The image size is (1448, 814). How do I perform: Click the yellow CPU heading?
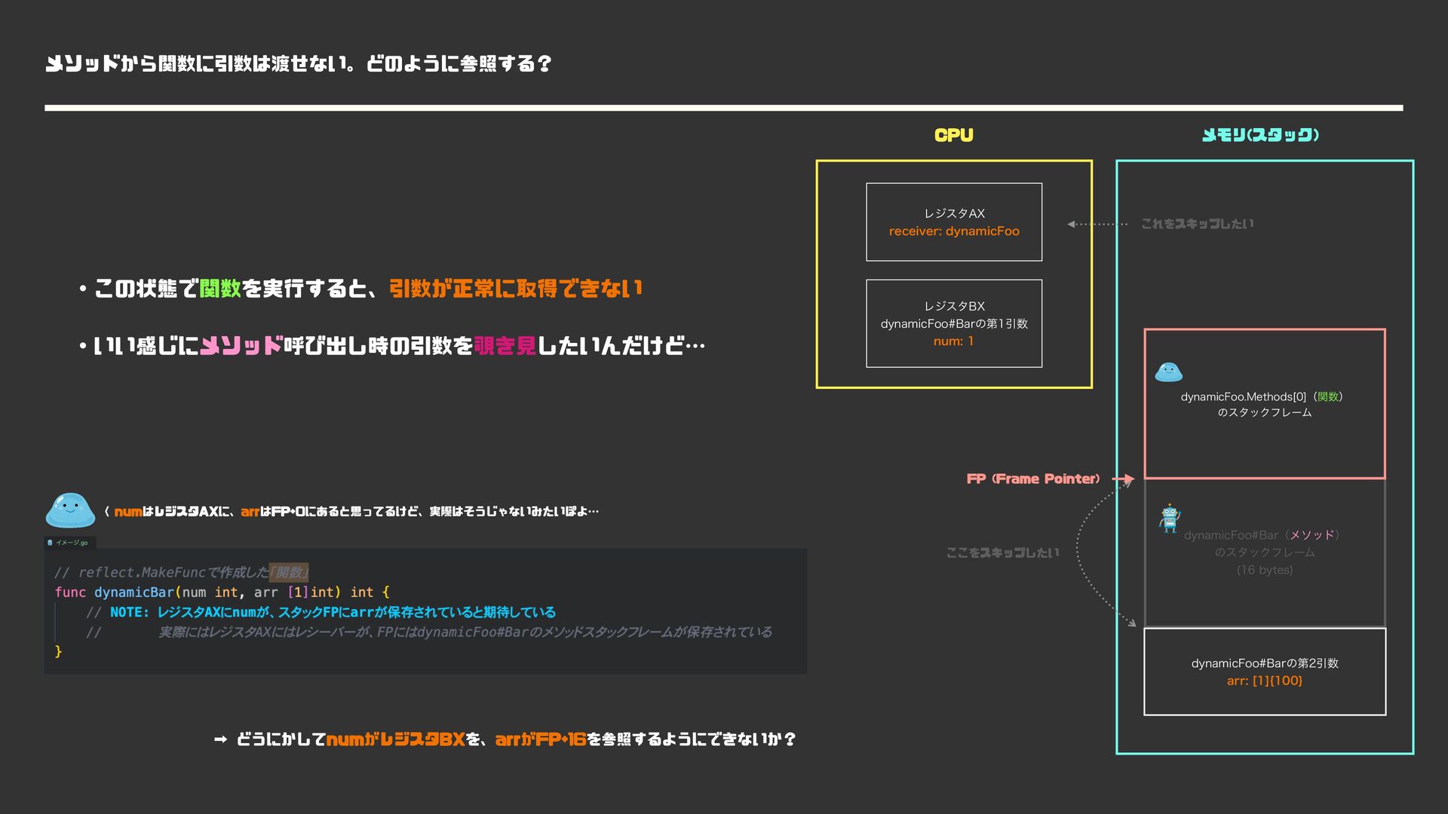953,136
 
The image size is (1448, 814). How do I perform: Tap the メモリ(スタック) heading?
1260,136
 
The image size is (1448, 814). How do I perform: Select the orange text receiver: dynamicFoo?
954,231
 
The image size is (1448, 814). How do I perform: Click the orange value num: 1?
953,341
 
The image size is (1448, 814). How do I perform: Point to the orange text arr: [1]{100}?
1264,681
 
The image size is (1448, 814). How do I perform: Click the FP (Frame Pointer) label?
1032,479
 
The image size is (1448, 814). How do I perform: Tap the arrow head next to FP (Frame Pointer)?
1128,479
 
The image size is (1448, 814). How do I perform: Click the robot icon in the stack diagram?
1170,519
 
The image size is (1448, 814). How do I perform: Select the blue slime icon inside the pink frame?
1168,372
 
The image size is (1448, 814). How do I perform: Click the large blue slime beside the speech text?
70,510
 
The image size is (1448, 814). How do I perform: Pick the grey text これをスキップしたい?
1197,224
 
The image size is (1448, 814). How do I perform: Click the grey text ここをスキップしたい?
1002,552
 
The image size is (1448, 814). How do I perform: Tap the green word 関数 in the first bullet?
220,288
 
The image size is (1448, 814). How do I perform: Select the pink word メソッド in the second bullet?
241,346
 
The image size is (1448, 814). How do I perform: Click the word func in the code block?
70,592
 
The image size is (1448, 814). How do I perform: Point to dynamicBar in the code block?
133,592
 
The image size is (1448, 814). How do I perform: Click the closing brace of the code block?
58,651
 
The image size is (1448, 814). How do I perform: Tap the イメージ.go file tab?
70,543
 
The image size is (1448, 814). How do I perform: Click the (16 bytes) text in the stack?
1264,570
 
